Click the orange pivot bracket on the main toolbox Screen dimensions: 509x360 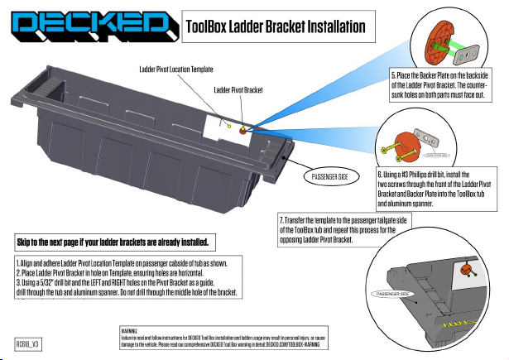(x=242, y=131)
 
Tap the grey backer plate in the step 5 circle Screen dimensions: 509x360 (x=469, y=53)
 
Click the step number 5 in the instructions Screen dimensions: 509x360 (x=394, y=75)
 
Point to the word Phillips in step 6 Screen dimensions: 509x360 (x=420, y=175)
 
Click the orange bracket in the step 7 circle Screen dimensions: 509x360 (x=467, y=268)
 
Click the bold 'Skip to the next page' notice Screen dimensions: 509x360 (x=117, y=242)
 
